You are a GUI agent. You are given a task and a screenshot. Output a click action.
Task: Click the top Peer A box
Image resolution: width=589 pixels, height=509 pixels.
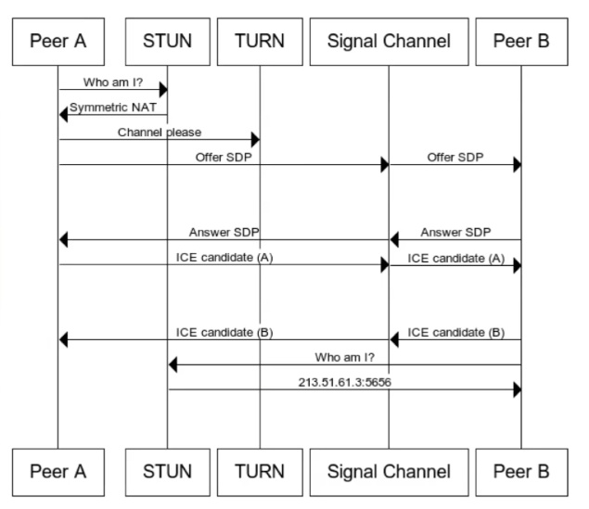(x=58, y=42)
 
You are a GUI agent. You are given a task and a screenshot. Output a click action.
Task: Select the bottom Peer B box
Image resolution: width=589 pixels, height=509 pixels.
(x=522, y=472)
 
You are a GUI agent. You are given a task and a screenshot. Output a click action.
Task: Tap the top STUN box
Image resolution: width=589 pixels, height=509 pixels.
(x=168, y=42)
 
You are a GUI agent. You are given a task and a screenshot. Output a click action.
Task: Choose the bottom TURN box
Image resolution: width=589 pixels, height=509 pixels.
(x=260, y=472)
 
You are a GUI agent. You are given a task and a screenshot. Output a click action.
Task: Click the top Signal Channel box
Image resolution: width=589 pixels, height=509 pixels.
(x=390, y=42)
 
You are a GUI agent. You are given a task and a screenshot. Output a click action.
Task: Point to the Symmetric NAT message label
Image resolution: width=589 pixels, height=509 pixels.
(x=113, y=108)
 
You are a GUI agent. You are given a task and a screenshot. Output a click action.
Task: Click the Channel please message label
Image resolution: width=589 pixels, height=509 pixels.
(x=160, y=133)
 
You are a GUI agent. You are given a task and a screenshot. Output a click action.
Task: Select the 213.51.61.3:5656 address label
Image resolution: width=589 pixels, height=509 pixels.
(x=345, y=382)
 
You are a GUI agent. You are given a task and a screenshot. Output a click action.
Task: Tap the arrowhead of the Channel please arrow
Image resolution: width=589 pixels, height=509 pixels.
(x=255, y=140)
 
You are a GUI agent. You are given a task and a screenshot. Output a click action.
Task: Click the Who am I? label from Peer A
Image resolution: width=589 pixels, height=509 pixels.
(x=113, y=83)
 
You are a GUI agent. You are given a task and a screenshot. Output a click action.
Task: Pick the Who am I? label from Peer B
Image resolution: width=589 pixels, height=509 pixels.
(x=345, y=357)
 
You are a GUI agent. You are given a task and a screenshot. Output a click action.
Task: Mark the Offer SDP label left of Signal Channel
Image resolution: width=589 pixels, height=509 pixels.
(x=224, y=158)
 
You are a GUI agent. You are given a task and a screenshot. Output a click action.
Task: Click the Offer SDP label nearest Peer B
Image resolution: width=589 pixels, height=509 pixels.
(x=455, y=158)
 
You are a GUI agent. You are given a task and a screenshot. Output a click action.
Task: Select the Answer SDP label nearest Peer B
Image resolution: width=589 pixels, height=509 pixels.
(x=455, y=233)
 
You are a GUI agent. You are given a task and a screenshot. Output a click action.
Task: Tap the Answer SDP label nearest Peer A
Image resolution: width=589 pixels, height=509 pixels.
(x=224, y=233)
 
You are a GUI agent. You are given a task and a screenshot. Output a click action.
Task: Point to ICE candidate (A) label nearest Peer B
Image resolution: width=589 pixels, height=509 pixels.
(x=456, y=259)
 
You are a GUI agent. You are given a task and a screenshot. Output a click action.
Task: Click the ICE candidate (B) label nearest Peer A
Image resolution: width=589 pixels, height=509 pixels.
(x=224, y=333)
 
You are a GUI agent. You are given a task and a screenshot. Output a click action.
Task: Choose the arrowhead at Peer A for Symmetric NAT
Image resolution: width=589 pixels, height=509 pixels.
(x=63, y=114)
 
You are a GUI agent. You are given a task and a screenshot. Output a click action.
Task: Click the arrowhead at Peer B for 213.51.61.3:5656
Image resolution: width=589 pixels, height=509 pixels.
(x=518, y=389)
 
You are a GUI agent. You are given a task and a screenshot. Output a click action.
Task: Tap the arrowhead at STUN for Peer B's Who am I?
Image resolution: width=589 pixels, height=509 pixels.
(x=173, y=364)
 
